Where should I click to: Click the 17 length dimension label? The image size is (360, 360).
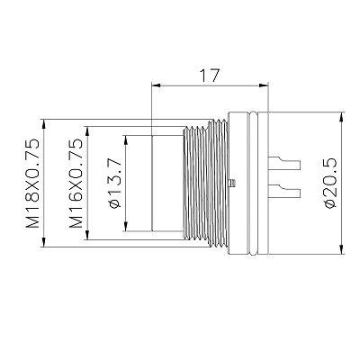tap(210, 76)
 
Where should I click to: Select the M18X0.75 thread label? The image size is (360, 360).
tap(32, 183)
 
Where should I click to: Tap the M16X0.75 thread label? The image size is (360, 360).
tap(76, 183)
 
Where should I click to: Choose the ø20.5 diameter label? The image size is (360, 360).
tap(330, 183)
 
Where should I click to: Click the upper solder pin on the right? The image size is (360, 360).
tap(283, 162)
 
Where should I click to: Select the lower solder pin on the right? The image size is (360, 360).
tap(283, 191)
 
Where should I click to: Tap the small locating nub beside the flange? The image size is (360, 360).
tap(232, 183)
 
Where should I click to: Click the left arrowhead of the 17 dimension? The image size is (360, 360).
tap(157, 85)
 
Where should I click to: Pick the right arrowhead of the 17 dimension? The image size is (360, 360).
tap(263, 85)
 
